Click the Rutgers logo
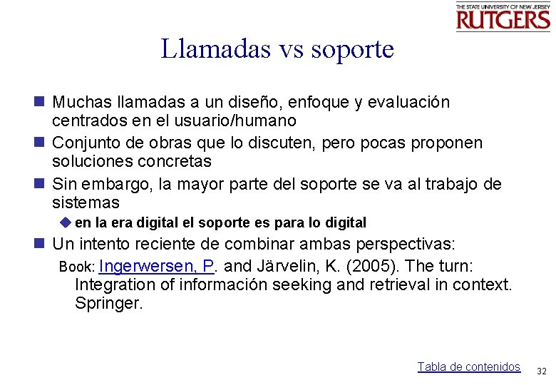tap(503, 16)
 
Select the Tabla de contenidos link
tap(468, 366)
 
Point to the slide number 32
tap(541, 371)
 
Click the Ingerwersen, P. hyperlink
tap(158, 266)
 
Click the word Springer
tap(108, 303)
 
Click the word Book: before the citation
tap(77, 267)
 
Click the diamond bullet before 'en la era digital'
tap(68, 222)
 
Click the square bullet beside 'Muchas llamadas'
tap(38, 102)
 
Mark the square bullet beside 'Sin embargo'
tap(38, 184)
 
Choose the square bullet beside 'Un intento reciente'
tap(38, 244)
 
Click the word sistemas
tap(86, 202)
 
